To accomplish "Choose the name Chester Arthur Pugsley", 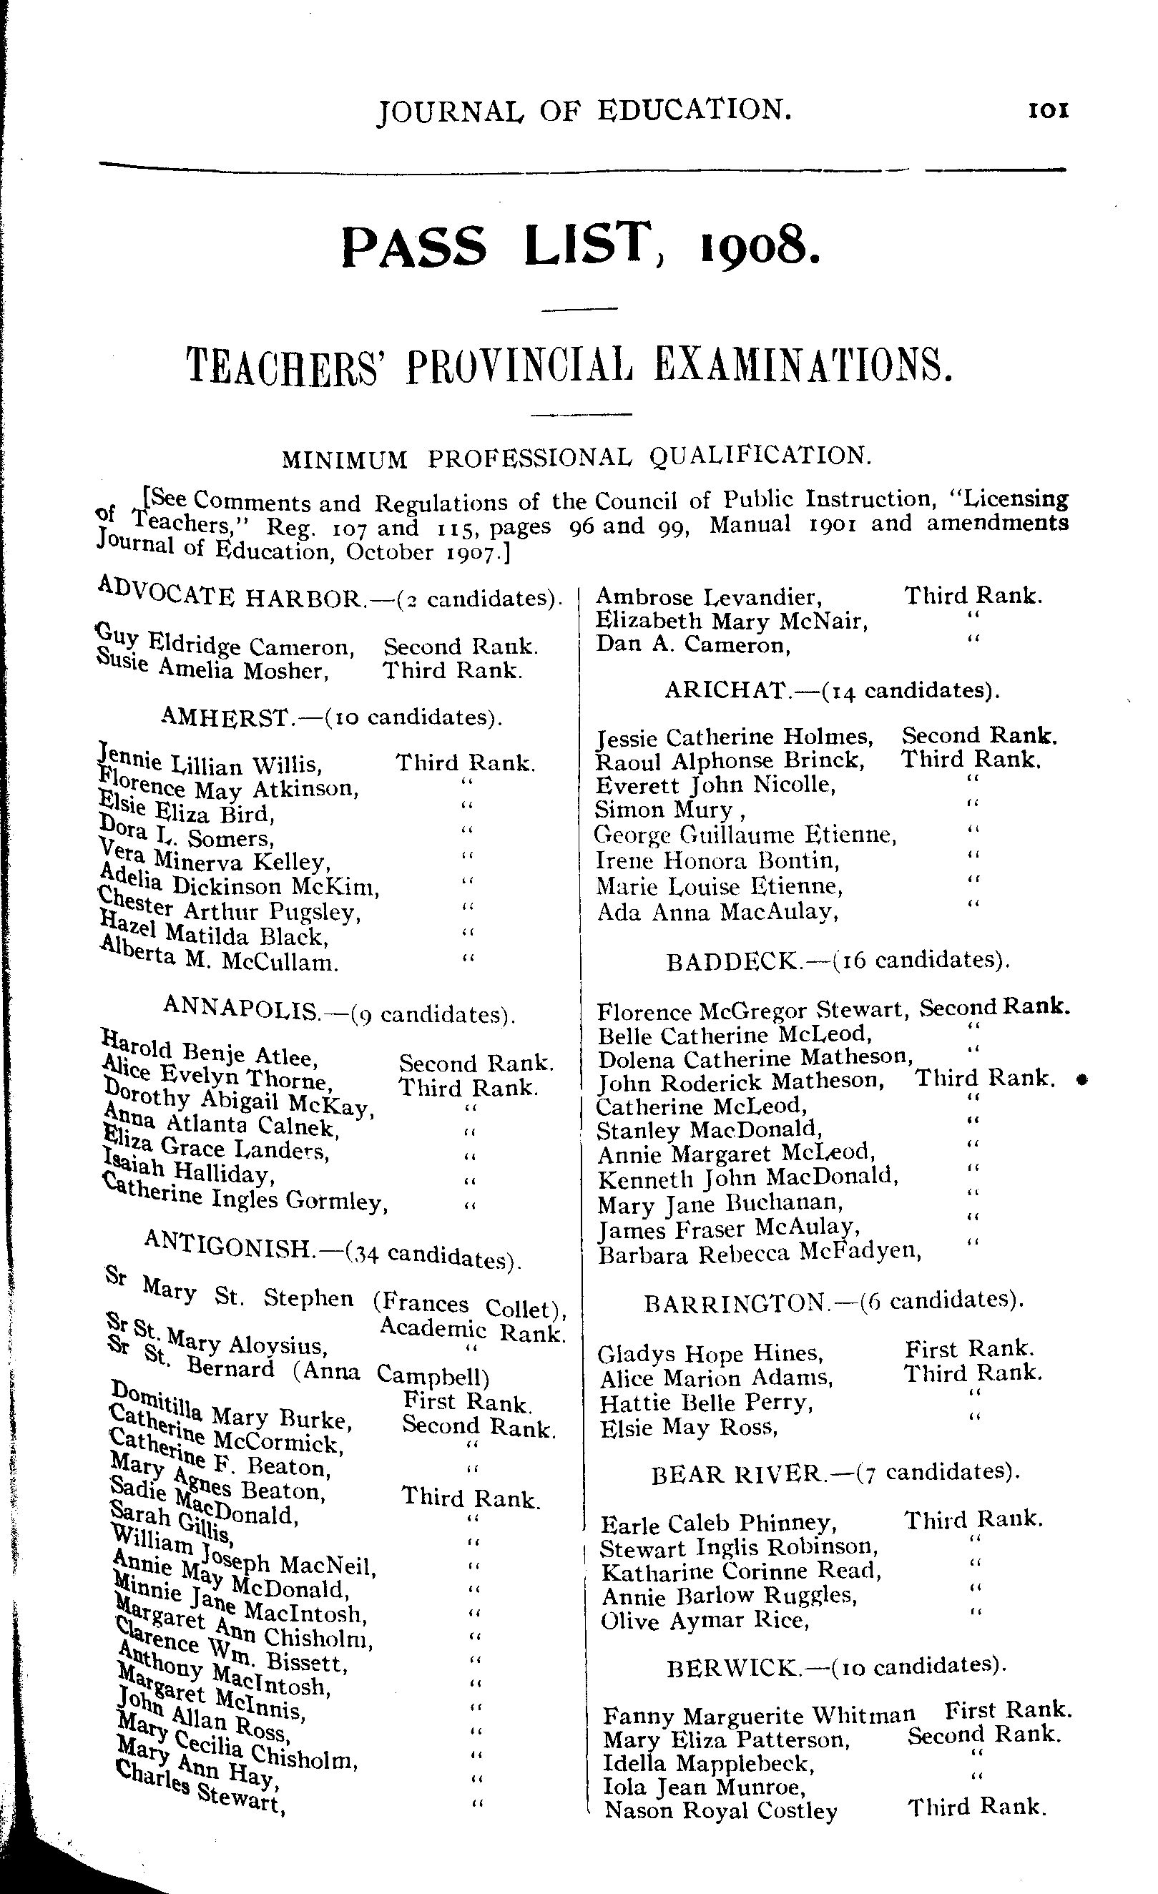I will coord(229,908).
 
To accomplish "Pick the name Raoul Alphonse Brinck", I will coord(730,761).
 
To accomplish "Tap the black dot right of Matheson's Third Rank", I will coord(1081,1080).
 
